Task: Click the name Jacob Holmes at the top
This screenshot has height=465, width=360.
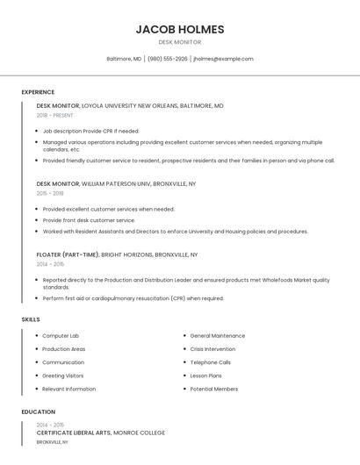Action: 180,29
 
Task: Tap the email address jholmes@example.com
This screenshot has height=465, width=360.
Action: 223,59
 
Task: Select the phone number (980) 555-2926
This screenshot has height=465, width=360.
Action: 168,59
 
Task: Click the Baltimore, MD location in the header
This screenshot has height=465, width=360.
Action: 124,59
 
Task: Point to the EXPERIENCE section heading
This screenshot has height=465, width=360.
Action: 38,92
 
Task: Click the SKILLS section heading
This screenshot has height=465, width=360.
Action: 31,319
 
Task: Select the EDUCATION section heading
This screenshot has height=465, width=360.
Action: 39,411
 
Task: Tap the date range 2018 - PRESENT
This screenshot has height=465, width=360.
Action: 55,115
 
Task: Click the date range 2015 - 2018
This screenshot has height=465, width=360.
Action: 50,193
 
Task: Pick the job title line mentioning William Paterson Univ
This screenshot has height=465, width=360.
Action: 116,184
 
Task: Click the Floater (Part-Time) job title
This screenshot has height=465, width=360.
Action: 68,254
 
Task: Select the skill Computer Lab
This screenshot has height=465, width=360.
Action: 61,336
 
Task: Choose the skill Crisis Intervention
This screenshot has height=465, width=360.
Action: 212,349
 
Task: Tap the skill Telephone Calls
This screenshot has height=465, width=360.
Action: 211,362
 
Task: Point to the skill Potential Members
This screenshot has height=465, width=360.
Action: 214,389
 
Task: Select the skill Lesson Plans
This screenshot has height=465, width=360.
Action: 206,376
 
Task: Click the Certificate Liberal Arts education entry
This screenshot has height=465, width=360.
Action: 101,433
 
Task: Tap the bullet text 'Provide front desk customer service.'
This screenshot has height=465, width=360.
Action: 89,220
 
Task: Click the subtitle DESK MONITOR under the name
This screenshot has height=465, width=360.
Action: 180,42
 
